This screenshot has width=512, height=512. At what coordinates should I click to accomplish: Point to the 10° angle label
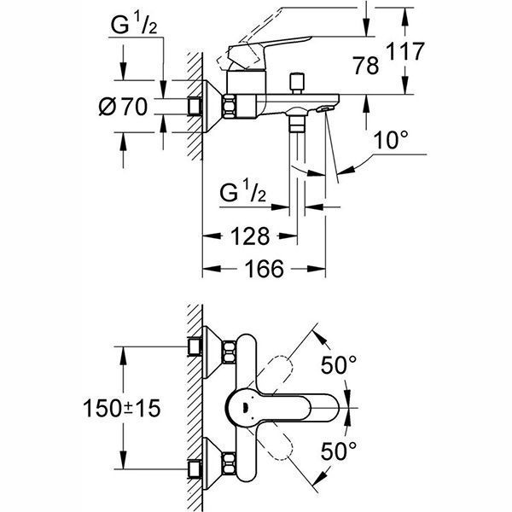tap(388, 140)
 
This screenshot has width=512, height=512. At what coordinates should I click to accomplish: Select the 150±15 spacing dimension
tap(124, 409)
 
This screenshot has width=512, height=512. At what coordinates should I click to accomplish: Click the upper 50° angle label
tap(338, 366)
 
